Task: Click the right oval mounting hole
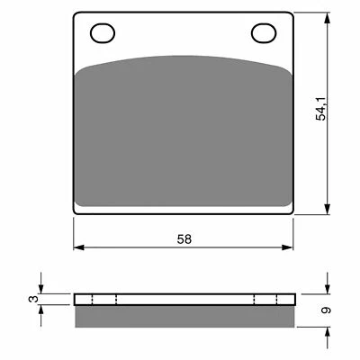264,34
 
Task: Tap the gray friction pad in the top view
184,135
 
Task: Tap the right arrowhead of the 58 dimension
292,249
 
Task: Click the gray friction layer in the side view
184,315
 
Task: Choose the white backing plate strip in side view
184,300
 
